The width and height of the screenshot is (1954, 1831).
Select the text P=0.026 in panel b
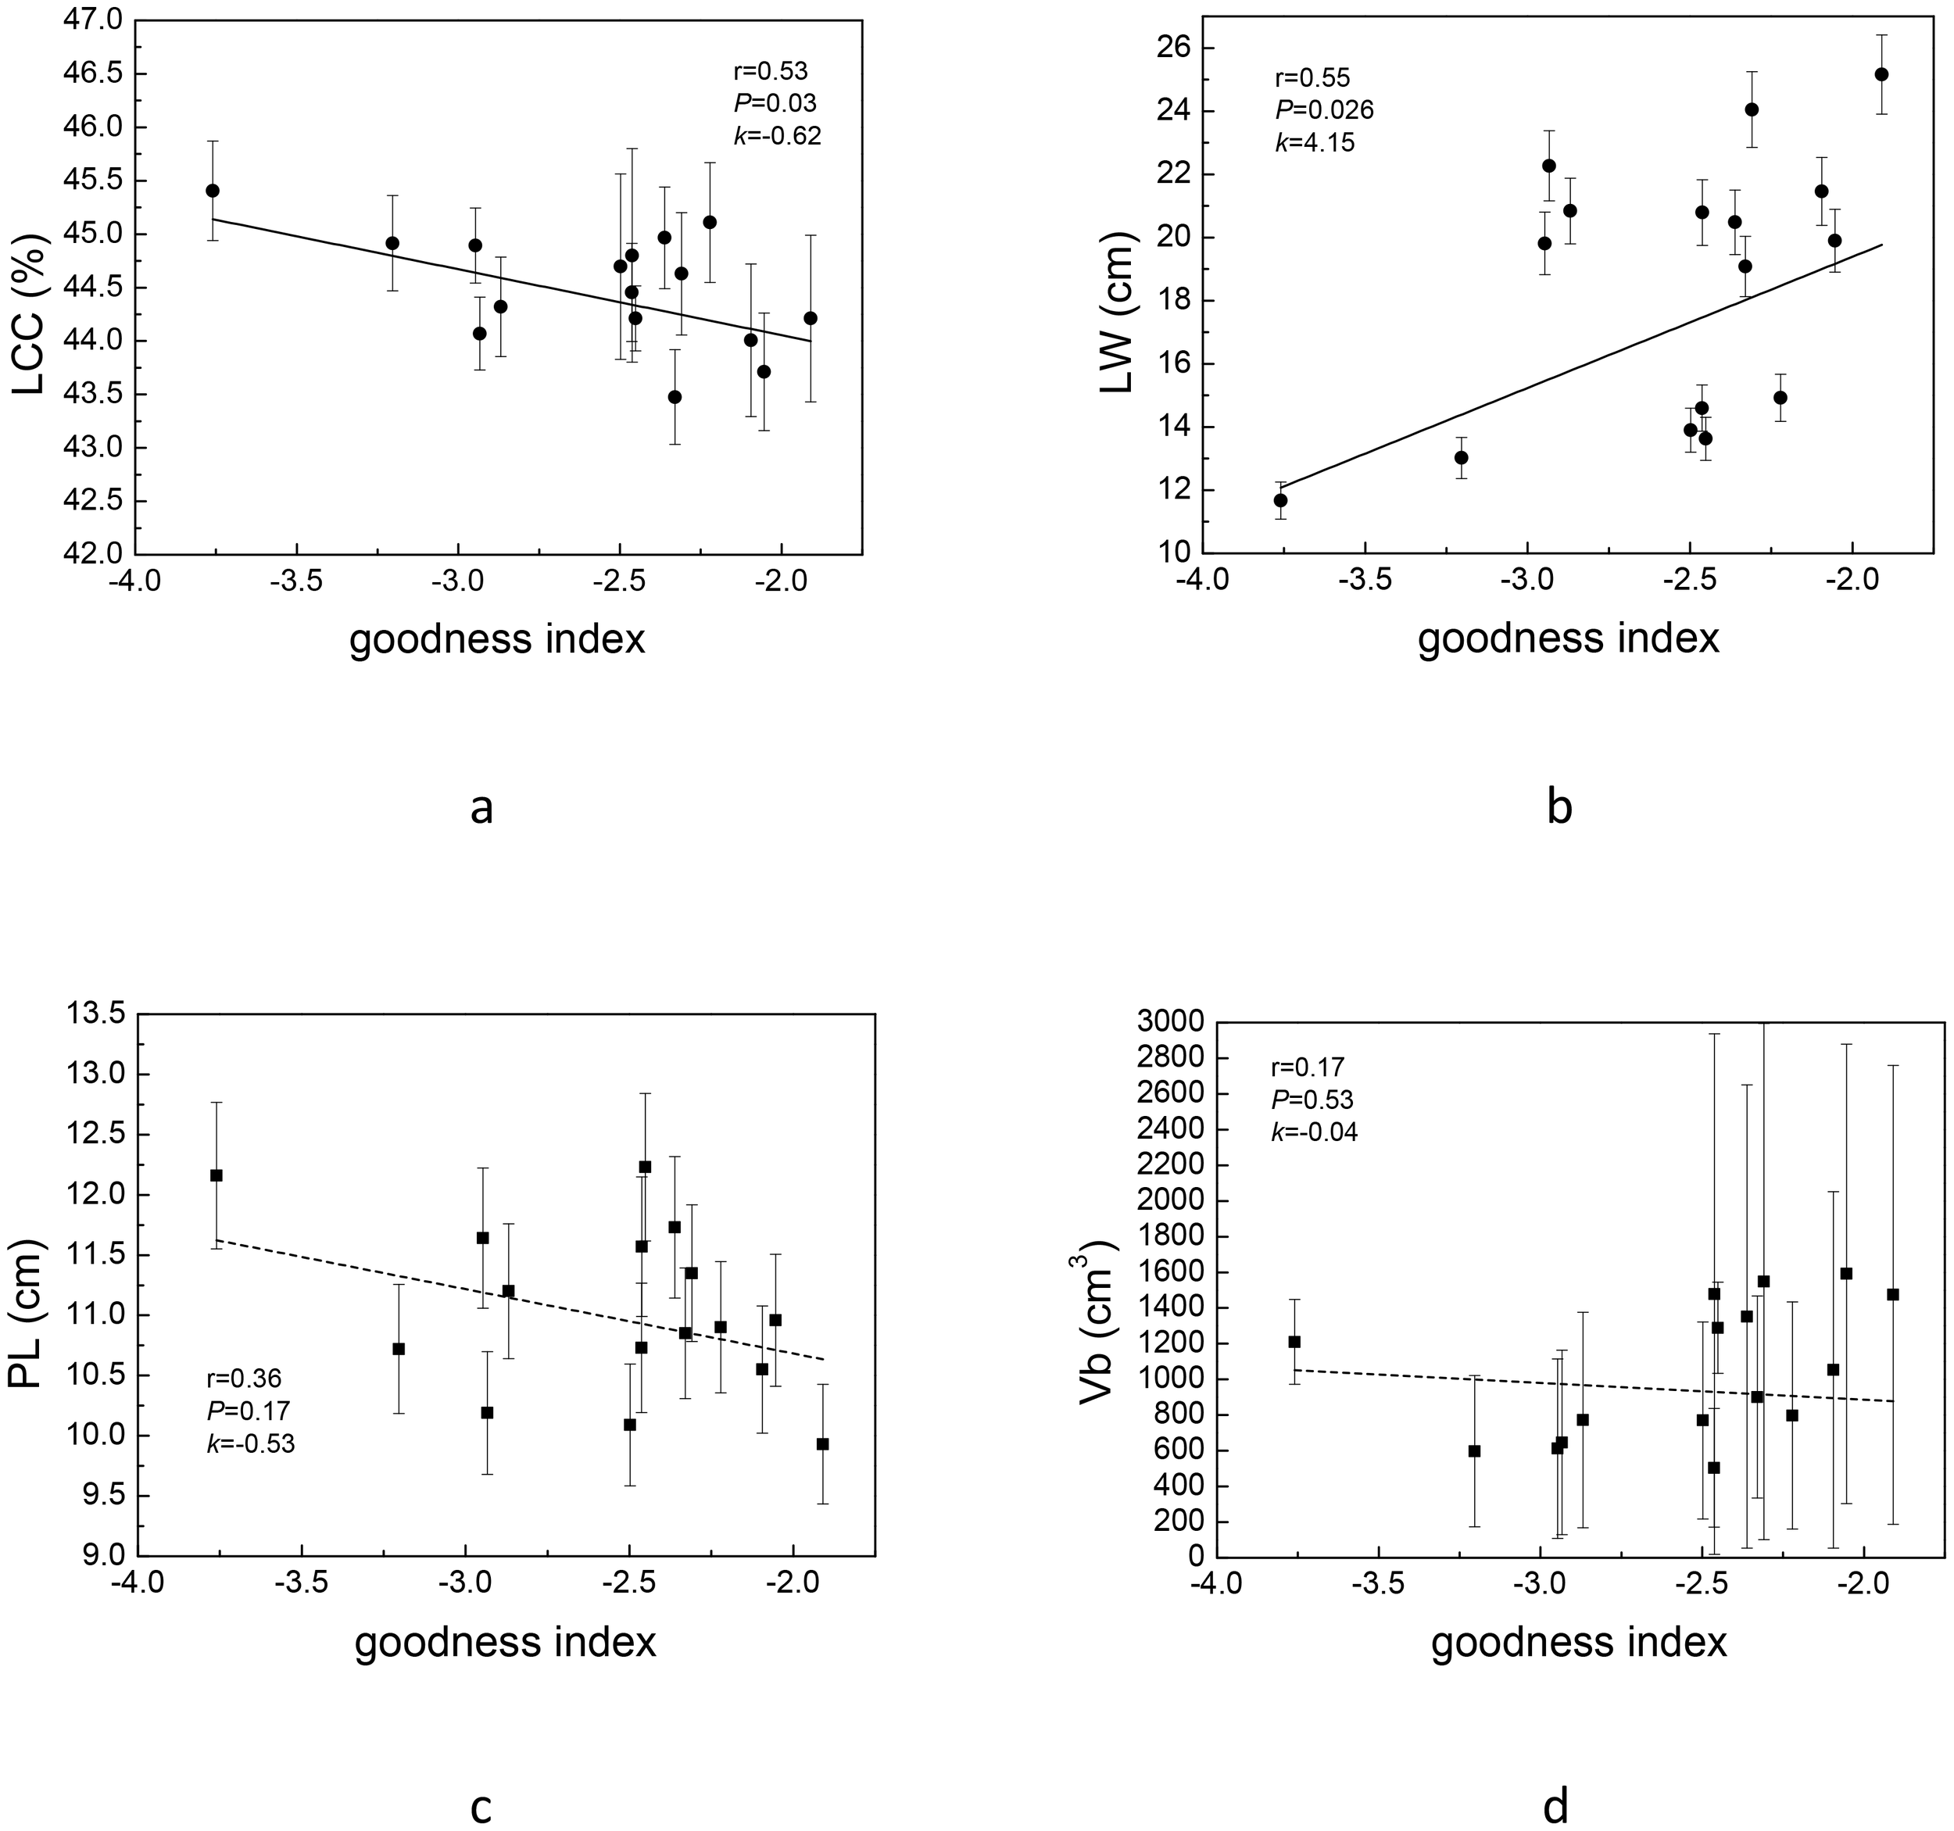click(1323, 110)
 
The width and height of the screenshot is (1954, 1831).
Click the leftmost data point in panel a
click(213, 191)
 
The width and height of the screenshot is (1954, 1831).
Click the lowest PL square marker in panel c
click(823, 1443)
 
